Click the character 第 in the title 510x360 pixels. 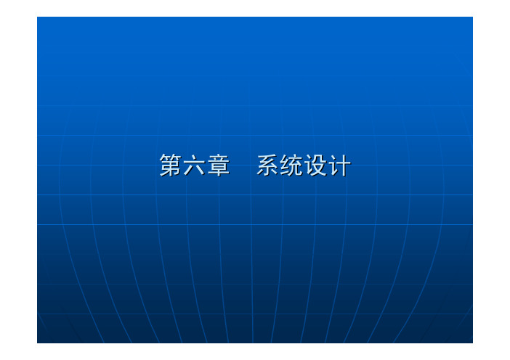[171, 165]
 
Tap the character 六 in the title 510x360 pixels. [195, 165]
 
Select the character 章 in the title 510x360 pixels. [219, 165]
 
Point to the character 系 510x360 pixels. [268, 165]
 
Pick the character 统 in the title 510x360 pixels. [292, 165]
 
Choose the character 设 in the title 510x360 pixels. [316, 165]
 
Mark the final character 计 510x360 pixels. [340, 165]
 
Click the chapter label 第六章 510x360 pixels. [195, 165]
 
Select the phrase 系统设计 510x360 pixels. [304, 165]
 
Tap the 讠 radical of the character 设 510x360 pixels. [309, 165]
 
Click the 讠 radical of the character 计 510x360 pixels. [333, 165]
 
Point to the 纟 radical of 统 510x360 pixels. [286, 165]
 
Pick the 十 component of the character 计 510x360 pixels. [344, 165]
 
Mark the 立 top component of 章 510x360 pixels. [219, 158]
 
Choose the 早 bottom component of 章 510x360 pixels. [219, 170]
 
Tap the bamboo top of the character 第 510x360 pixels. [171, 157]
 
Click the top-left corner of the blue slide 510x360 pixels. [37, 17]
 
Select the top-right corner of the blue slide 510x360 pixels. [473, 17]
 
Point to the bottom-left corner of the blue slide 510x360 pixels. [37, 343]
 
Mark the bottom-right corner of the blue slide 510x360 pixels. [473, 343]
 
